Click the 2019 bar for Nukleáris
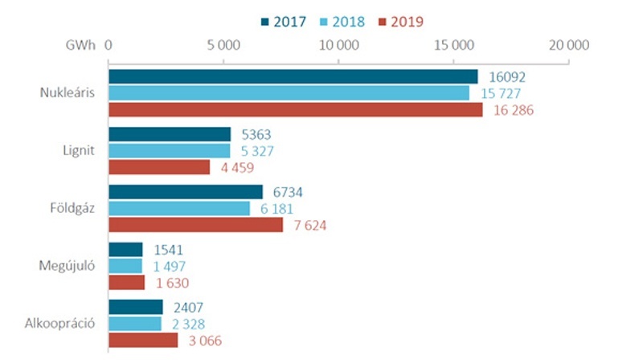click(x=296, y=110)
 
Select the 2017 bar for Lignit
click(x=170, y=134)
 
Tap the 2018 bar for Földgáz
click(x=179, y=209)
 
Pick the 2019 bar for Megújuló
click(x=126, y=283)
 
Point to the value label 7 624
click(x=309, y=226)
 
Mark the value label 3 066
click(x=203, y=342)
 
